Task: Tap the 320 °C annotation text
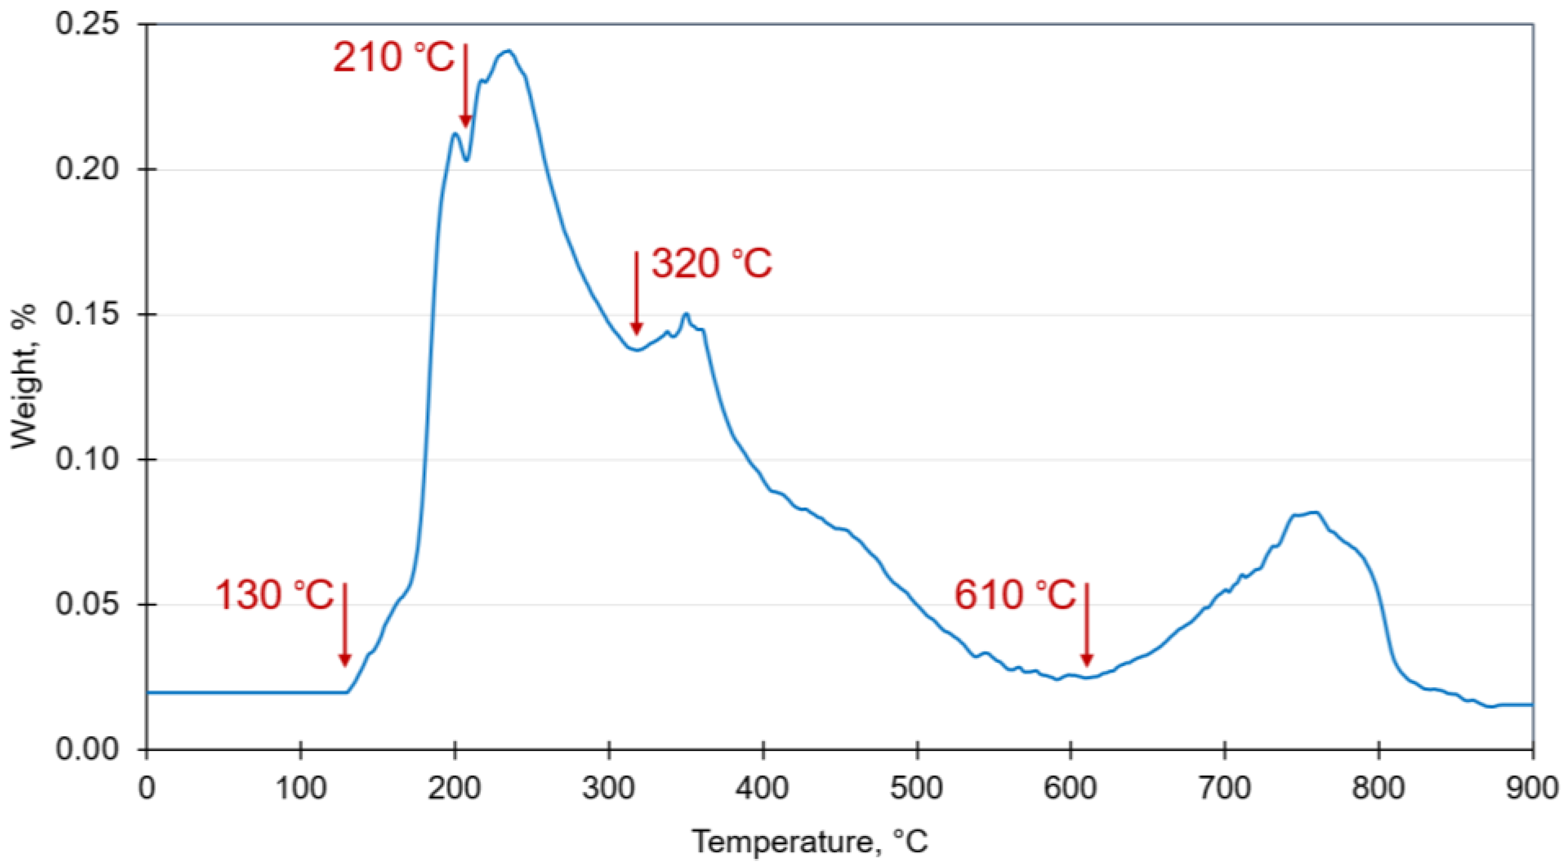click(x=712, y=264)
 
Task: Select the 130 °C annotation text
click(x=275, y=595)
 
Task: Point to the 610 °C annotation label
click(x=1015, y=595)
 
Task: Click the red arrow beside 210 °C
click(x=465, y=85)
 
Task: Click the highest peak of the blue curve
click(x=509, y=51)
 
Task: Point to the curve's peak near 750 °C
click(x=1309, y=513)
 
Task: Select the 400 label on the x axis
click(x=763, y=789)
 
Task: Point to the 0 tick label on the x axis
click(x=146, y=789)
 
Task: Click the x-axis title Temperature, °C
click(x=810, y=842)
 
